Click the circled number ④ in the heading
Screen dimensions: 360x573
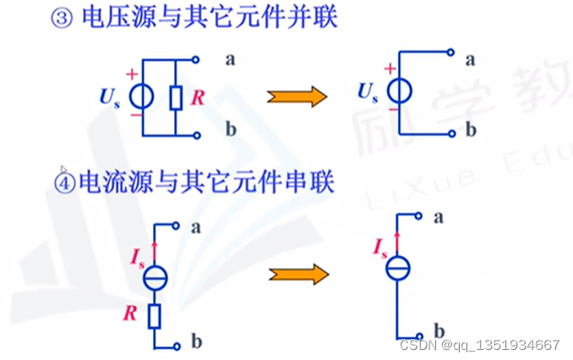pos(65,181)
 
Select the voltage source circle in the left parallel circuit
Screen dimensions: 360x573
pos(142,97)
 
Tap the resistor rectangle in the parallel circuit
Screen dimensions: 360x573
pos(176,98)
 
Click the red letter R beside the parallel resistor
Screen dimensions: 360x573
pos(197,98)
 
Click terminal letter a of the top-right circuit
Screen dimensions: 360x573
pos(470,59)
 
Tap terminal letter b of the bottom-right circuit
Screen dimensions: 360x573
pos(439,330)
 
